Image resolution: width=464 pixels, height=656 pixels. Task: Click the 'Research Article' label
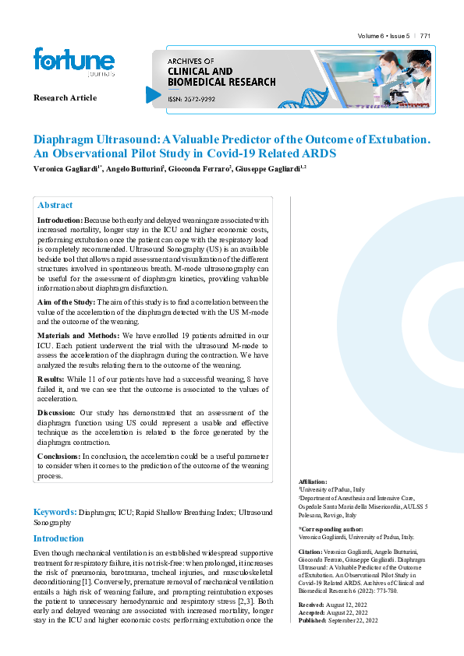65,97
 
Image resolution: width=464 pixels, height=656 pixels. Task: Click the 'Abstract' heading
55,205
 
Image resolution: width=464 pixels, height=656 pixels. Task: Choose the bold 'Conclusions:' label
59,456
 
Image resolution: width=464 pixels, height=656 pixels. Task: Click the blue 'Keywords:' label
55,512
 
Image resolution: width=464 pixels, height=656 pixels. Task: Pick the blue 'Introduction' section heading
58,538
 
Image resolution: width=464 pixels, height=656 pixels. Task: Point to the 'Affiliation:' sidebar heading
313,482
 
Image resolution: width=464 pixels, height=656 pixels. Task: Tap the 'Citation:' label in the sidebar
310,551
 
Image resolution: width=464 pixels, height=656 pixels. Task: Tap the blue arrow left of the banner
154,94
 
